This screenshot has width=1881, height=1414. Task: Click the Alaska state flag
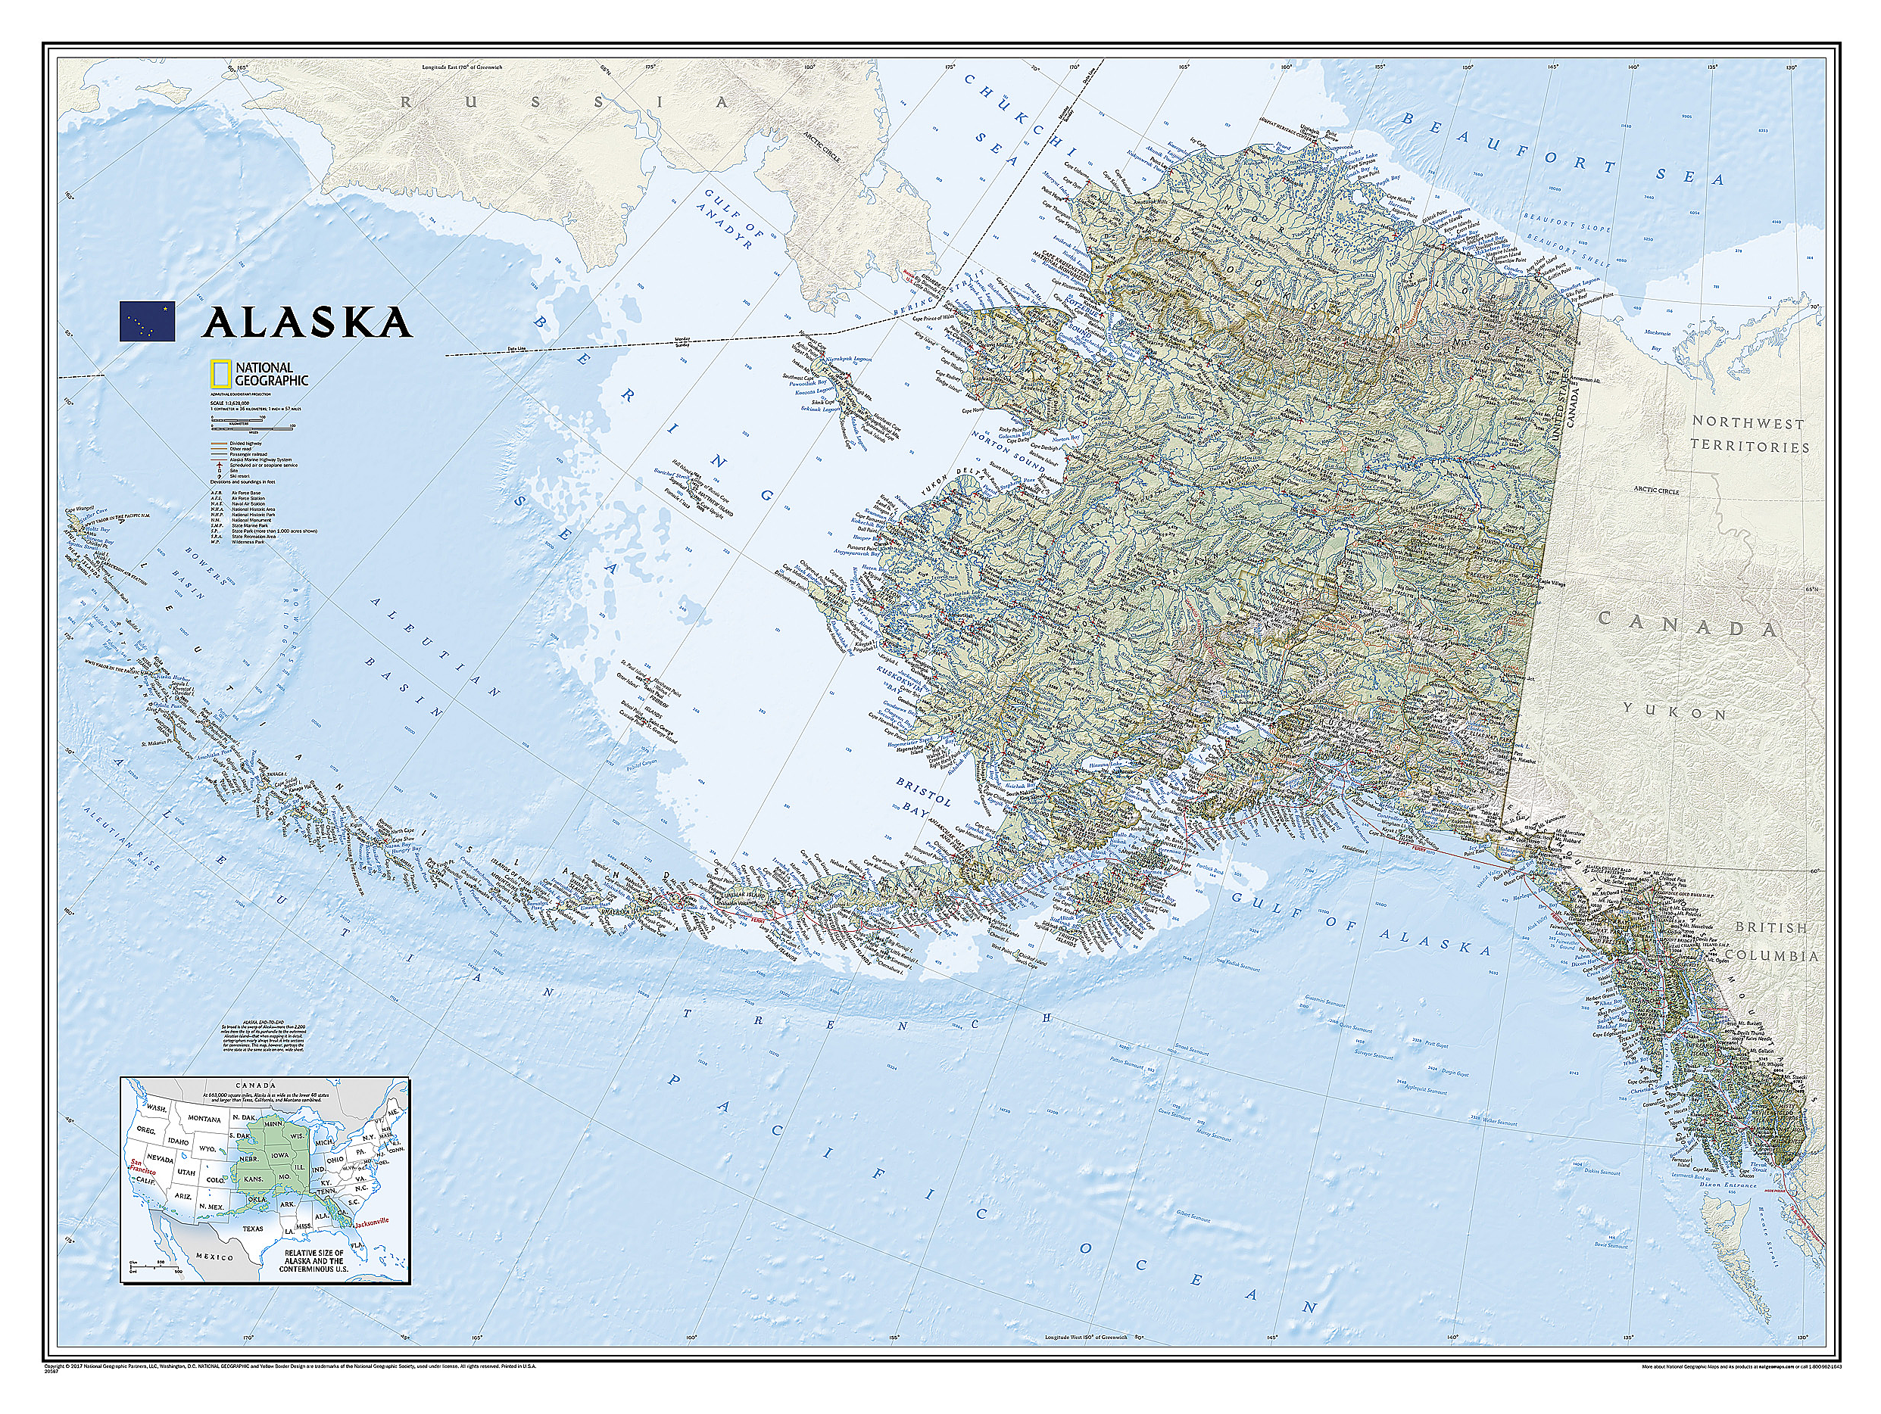point(147,322)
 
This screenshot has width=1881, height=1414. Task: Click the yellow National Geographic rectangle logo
point(221,374)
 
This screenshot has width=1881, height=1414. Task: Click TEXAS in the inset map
point(253,1229)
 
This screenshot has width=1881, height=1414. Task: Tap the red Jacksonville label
point(372,1221)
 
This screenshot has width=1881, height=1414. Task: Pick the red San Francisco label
point(143,1166)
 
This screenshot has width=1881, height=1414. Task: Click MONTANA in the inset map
point(204,1119)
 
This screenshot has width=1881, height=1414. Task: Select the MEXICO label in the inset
point(214,1257)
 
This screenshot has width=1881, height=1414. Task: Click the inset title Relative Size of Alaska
point(313,1261)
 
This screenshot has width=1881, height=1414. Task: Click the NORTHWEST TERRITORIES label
point(1748,434)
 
